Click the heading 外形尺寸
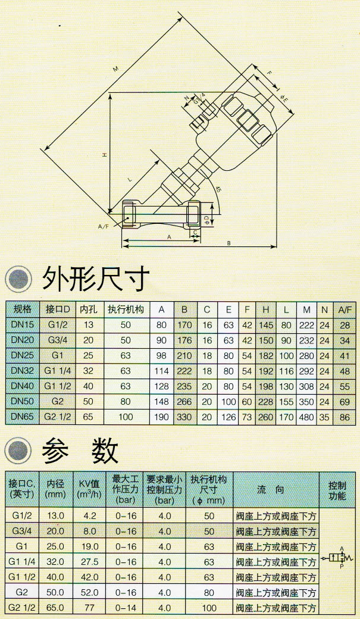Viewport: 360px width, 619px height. point(94,279)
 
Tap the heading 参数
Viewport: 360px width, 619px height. point(80,453)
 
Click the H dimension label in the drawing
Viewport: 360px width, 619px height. point(104,155)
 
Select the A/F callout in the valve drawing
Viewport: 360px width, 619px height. point(103,227)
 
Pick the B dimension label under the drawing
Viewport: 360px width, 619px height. point(228,243)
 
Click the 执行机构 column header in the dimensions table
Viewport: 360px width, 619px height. point(126,309)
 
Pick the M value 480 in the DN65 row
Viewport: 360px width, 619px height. point(306,417)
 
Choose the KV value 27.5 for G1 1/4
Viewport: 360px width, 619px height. point(90,562)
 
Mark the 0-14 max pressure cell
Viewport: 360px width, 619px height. point(126,608)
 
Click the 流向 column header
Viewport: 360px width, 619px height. point(276,489)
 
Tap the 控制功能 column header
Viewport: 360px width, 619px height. point(337,489)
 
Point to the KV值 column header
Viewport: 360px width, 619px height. point(90,489)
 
